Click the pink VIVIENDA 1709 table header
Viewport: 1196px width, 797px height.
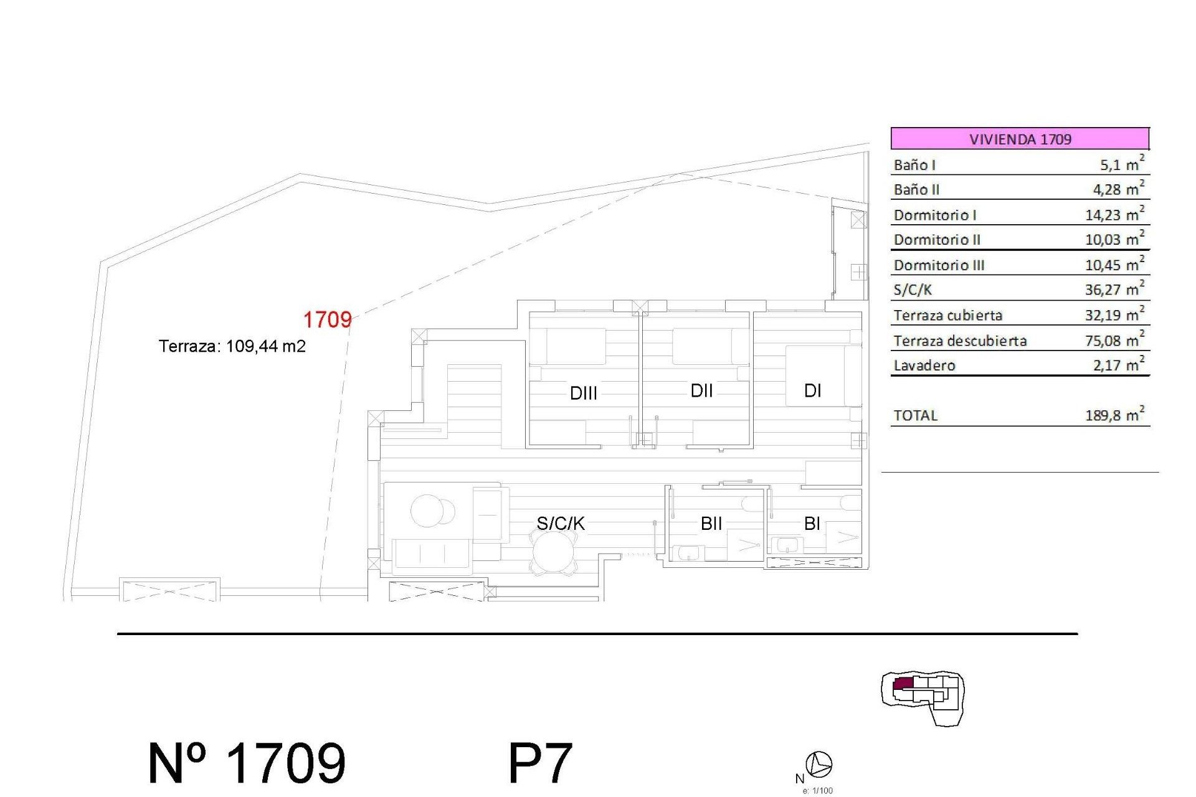[1020, 138]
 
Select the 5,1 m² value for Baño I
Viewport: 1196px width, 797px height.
[1121, 164]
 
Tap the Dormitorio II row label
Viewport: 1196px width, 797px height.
[937, 240]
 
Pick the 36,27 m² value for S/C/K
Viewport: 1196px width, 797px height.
[1114, 290]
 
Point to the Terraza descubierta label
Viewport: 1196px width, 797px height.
[960, 341]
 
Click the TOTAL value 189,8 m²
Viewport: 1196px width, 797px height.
[1114, 415]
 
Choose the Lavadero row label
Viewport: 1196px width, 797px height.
[924, 365]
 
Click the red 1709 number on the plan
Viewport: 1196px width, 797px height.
[327, 319]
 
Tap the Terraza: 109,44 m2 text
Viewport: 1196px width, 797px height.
[232, 346]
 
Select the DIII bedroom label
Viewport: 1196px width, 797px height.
[584, 393]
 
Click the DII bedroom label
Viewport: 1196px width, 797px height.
[701, 390]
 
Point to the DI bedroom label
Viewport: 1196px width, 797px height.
[812, 390]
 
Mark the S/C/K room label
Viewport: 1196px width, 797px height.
[561, 523]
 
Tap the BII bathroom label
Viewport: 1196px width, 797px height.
[711, 524]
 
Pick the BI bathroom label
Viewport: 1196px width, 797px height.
[812, 524]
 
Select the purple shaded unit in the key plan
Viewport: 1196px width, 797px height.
[903, 684]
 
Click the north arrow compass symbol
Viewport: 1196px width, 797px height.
[819, 764]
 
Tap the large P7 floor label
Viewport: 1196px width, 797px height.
[539, 763]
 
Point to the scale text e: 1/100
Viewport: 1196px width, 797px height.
[817, 791]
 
